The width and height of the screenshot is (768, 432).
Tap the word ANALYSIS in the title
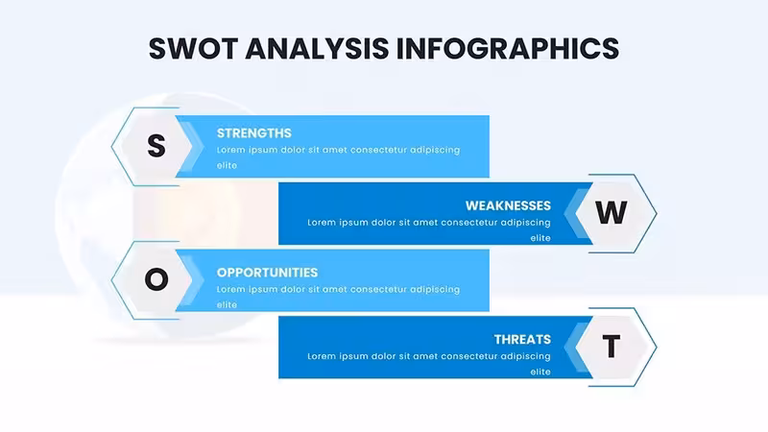pos(317,49)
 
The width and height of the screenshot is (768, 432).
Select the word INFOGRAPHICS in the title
pos(508,49)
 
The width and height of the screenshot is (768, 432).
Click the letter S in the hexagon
pos(156,146)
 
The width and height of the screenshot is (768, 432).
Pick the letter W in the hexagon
pos(611,212)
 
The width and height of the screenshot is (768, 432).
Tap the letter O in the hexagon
pos(156,279)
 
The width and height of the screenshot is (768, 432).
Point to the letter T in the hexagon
pos(611,347)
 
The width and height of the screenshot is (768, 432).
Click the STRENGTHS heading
pos(253,133)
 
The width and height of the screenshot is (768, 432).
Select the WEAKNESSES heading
pos(508,205)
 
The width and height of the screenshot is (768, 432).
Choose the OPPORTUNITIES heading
pos(267,273)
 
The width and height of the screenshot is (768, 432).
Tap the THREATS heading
pos(522,340)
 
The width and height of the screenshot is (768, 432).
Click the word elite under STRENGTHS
pos(227,165)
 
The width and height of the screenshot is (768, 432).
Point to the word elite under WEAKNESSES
pos(540,238)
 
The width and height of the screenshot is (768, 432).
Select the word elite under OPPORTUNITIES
pos(227,304)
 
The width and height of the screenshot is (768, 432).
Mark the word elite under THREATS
pos(540,372)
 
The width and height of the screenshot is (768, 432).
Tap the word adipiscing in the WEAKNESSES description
pos(525,223)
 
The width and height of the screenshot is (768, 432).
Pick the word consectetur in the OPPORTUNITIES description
pos(377,290)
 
